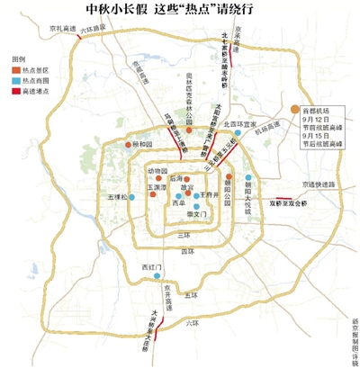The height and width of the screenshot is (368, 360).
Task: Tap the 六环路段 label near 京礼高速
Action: (x=93, y=30)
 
